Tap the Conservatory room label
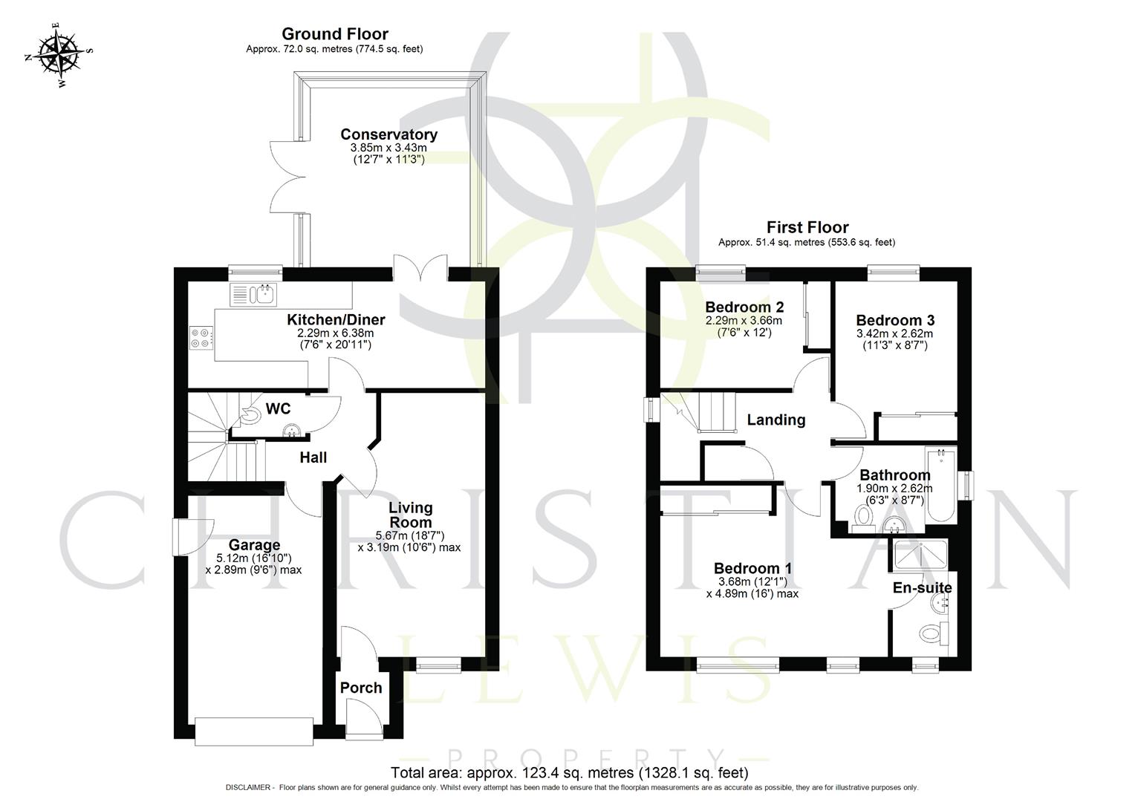(x=388, y=134)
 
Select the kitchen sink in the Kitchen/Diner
(x=253, y=295)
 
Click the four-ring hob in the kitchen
(x=201, y=338)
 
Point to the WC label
(x=278, y=409)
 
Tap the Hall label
(x=313, y=457)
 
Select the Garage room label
(x=254, y=545)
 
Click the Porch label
(x=361, y=688)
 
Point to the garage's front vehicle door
(x=254, y=731)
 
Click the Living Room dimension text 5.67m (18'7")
(x=410, y=535)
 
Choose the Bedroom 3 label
(x=895, y=320)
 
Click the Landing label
(x=776, y=420)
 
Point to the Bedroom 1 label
(x=752, y=568)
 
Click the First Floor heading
(x=807, y=227)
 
